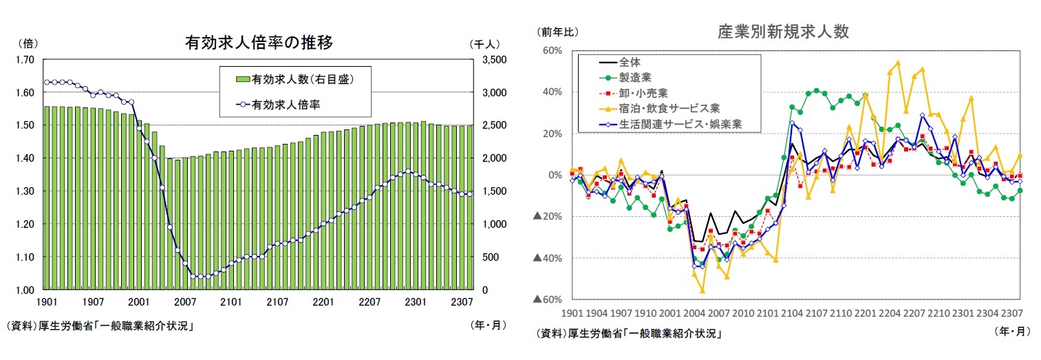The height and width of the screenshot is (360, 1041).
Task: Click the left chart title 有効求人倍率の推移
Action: point(259,43)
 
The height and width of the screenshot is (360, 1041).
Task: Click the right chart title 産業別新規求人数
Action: point(783,32)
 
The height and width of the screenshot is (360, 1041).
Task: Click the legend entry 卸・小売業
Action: point(634,92)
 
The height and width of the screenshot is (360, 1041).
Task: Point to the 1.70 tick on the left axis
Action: point(25,60)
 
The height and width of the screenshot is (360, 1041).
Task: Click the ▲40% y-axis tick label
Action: point(548,258)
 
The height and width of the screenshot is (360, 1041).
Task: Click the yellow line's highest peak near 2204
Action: point(898,62)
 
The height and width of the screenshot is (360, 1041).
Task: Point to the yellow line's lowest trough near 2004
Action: point(702,291)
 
